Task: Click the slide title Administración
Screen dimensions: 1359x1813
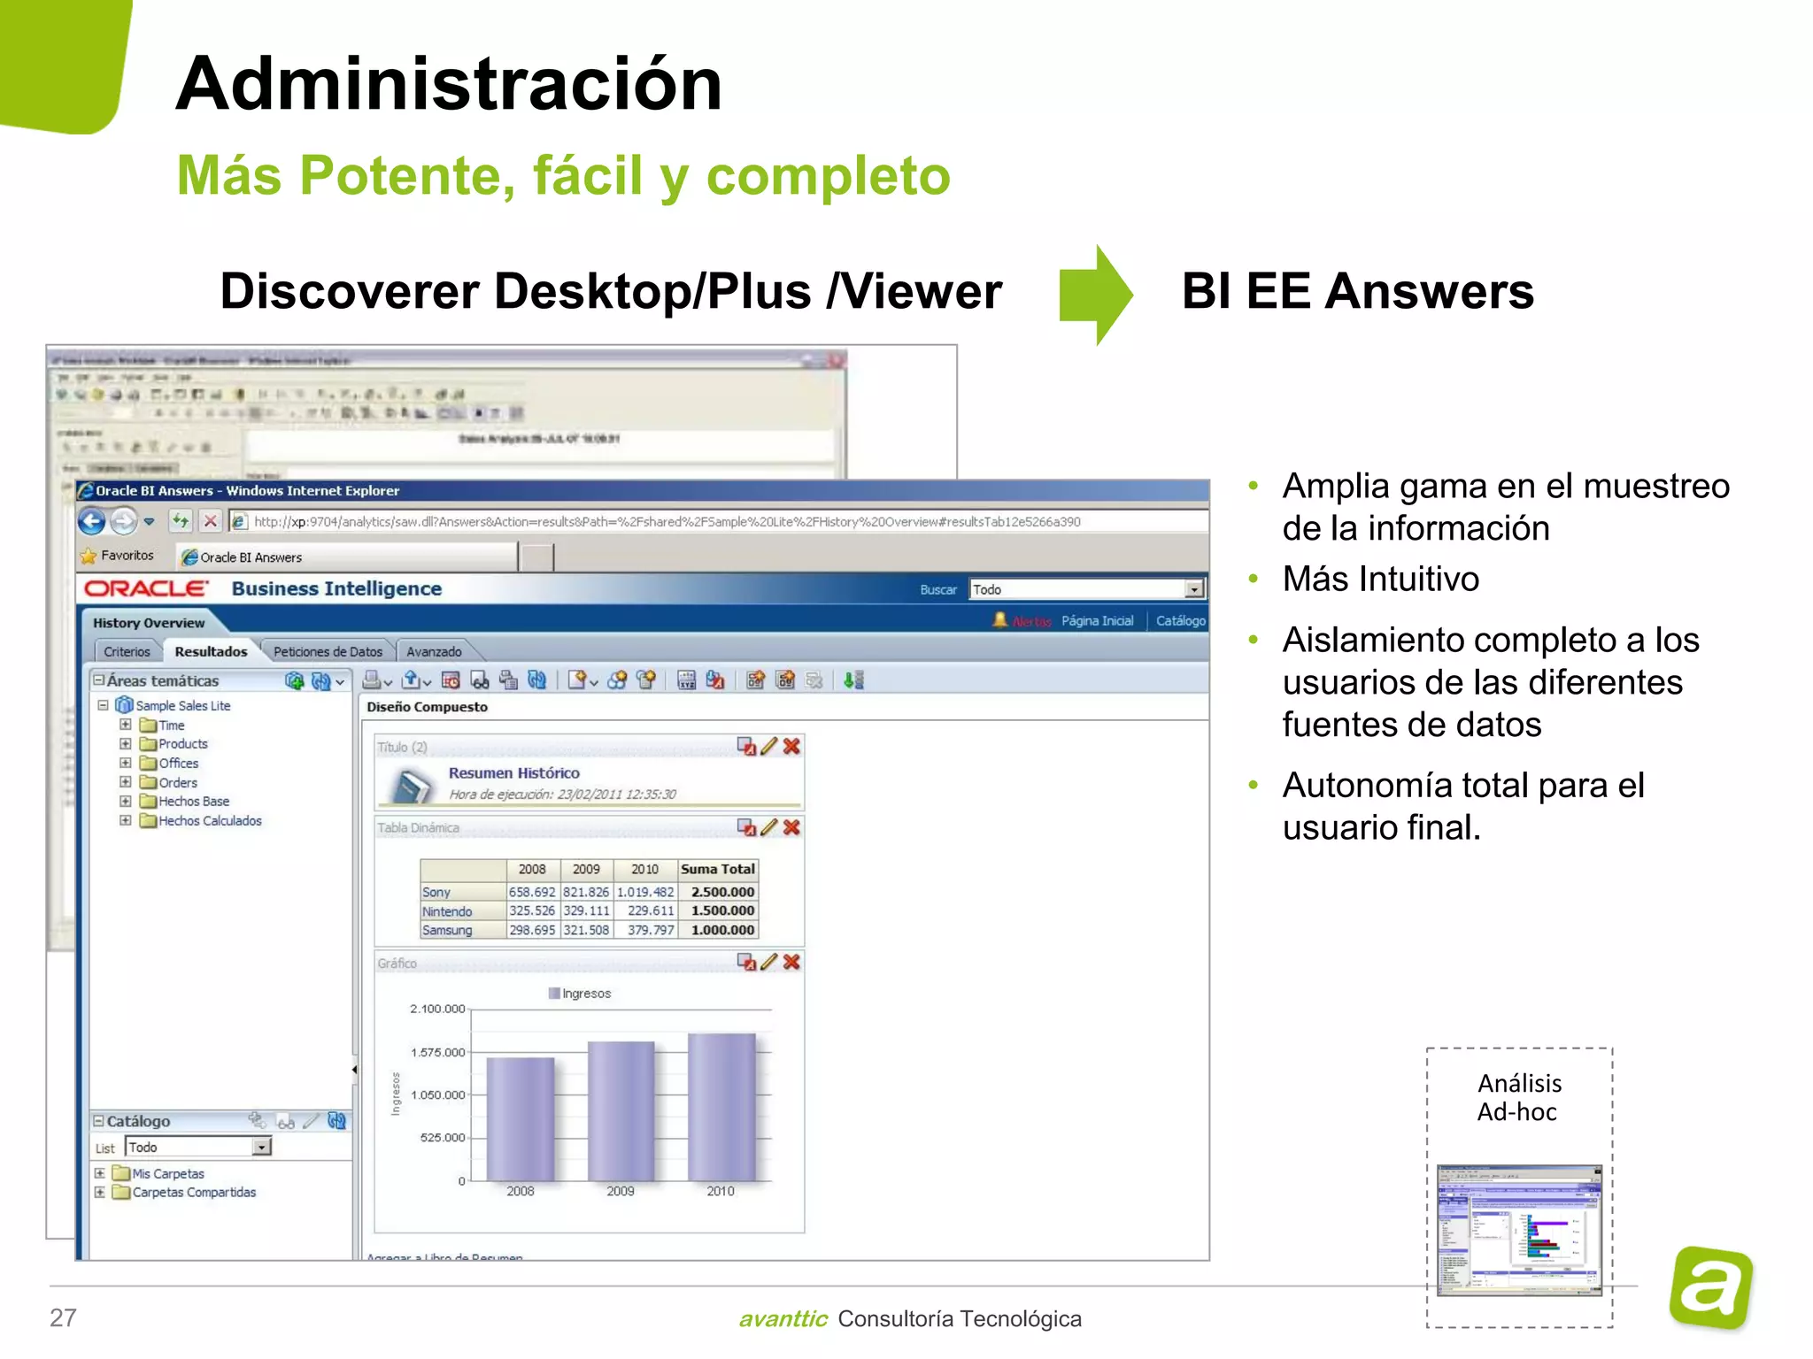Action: tap(449, 84)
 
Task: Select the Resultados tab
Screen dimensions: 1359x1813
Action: tap(211, 652)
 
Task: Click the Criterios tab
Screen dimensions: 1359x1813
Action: tap(127, 652)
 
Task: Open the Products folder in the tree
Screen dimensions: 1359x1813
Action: tap(182, 744)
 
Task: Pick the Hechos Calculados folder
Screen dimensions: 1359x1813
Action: tap(210, 821)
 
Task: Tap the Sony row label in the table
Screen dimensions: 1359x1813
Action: tap(436, 892)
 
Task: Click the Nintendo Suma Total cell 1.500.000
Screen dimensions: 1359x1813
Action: tap(722, 910)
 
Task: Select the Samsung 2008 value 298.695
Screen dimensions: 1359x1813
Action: tap(532, 930)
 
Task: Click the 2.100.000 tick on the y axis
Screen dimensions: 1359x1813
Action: tap(437, 1009)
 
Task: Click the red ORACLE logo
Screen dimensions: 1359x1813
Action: tap(147, 589)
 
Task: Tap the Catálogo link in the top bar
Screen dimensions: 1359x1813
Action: tap(1180, 621)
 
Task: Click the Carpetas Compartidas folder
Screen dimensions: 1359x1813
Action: tap(194, 1193)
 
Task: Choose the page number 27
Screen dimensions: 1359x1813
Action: tap(63, 1317)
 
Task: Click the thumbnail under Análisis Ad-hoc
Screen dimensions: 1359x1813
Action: tap(1519, 1230)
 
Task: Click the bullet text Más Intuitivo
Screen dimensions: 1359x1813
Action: tap(1381, 579)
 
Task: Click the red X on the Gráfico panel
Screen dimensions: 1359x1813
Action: tap(791, 962)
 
